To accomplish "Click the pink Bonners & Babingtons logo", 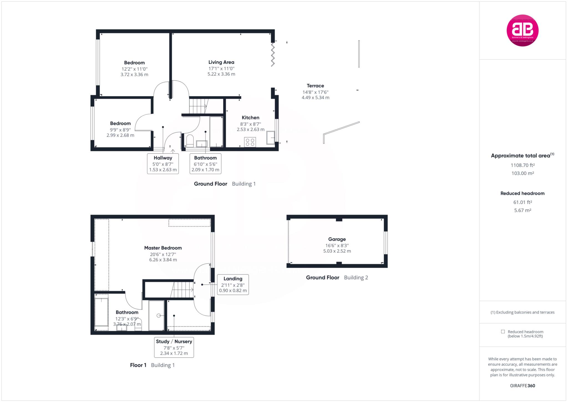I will point(522,31).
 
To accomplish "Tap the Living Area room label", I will point(221,62).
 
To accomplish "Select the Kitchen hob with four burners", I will point(250,142).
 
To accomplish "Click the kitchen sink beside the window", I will point(271,138).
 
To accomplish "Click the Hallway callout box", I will point(163,164).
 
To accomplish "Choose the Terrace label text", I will point(315,86).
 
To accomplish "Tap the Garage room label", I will point(337,239).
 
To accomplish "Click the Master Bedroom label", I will point(163,248).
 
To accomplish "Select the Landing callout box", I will point(233,284).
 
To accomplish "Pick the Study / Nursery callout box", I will point(174,347).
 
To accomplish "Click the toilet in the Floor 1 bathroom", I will point(138,325).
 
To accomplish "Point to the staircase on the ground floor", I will point(198,106).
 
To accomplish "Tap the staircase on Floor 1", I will point(182,290).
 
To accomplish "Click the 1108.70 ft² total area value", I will point(523,165).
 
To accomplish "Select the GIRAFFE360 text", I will point(523,386).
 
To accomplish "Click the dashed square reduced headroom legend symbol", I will point(503,332).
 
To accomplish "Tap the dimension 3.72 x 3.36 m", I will point(134,74).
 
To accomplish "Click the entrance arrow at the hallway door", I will point(173,151).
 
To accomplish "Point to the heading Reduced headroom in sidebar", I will point(523,193).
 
